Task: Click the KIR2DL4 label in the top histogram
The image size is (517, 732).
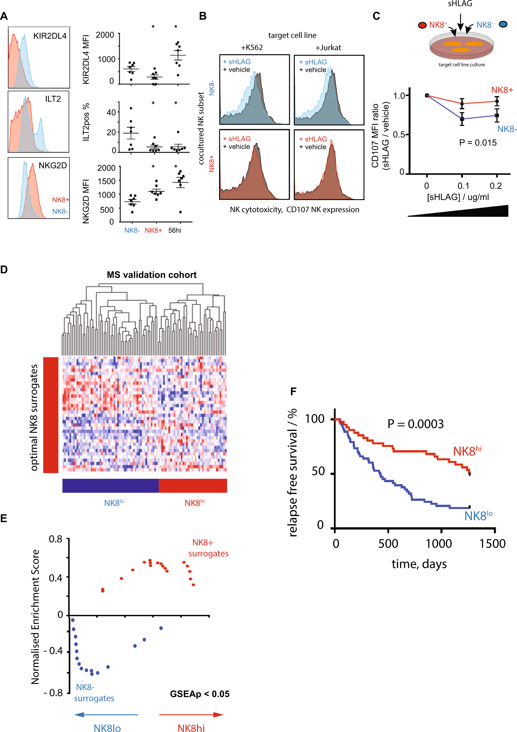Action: [50, 36]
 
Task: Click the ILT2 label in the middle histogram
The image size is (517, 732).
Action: [53, 99]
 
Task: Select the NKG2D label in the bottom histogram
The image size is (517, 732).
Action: [53, 165]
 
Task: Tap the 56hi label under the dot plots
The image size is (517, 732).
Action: [174, 230]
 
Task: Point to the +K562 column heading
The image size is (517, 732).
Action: [252, 48]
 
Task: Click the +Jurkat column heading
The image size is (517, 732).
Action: [328, 48]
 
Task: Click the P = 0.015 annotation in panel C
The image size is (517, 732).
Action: [477, 142]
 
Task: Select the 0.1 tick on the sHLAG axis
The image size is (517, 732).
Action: [463, 186]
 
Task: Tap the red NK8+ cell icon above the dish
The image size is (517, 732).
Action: [422, 25]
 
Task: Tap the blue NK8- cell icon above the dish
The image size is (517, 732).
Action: [503, 24]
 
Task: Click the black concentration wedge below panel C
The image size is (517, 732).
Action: [478, 212]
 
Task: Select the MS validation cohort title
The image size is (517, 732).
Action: [152, 275]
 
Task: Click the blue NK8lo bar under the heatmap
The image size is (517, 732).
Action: [110, 486]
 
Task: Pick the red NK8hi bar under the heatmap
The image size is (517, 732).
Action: [193, 486]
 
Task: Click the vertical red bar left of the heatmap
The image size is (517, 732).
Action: [51, 415]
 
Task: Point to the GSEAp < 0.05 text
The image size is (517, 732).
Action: [199, 694]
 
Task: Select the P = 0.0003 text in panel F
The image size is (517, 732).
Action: [415, 424]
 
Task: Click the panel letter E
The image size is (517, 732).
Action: [4, 518]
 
